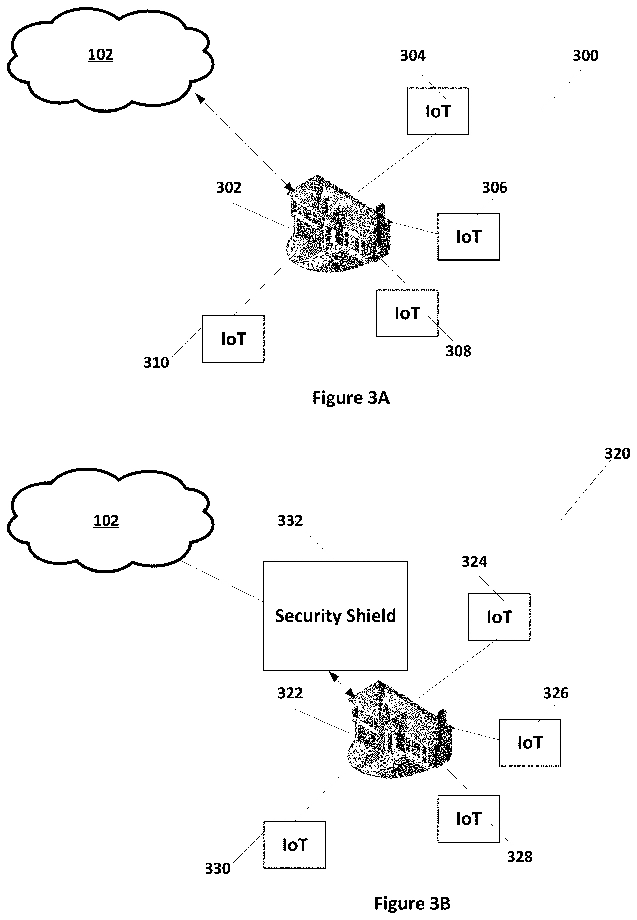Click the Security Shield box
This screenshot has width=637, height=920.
[335, 615]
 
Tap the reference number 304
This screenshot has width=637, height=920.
[413, 56]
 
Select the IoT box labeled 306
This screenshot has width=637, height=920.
[468, 237]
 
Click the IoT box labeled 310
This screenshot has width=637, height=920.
[233, 339]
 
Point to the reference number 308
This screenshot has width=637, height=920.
[458, 351]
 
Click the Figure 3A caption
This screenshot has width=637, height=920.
[350, 398]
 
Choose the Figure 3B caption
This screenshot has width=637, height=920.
[412, 903]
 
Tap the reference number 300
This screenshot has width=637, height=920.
[585, 56]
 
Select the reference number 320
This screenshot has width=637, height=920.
[617, 453]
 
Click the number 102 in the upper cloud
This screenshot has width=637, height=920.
[101, 54]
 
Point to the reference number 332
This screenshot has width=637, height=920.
[290, 520]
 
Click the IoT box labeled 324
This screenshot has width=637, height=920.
[499, 617]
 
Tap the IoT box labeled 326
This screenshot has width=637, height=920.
[530, 742]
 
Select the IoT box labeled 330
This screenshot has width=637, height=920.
[294, 845]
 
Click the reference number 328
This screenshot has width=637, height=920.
[519, 857]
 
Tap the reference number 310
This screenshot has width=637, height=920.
[156, 362]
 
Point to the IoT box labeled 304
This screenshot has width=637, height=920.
[437, 111]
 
